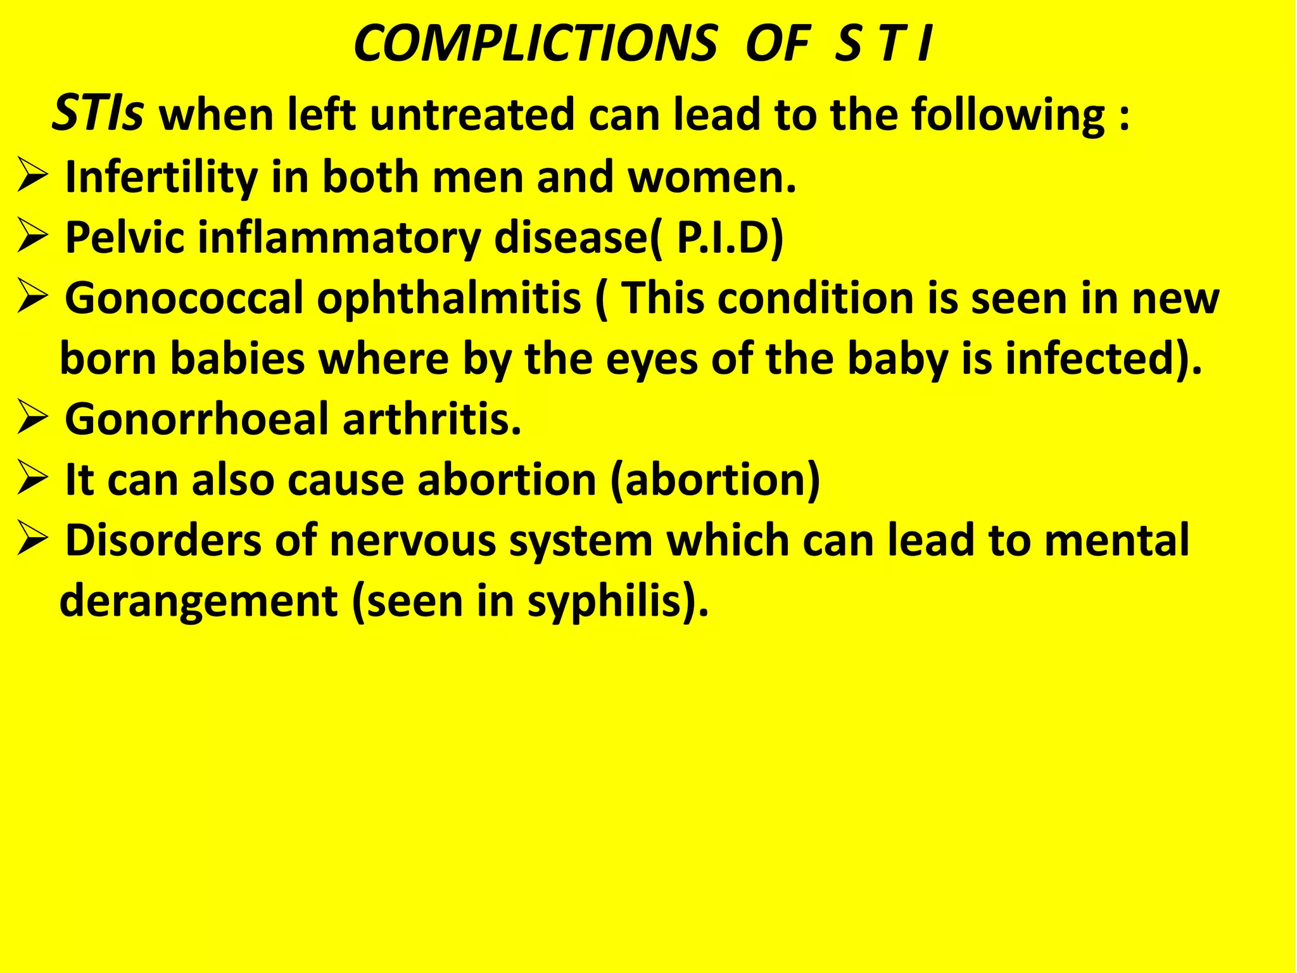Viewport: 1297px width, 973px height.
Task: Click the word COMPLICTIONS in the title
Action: click(535, 44)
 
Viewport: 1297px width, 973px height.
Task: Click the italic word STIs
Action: click(98, 114)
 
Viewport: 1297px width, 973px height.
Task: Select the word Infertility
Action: click(161, 177)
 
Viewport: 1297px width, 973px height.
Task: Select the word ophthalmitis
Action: click(448, 298)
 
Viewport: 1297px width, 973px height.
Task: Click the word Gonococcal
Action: click(184, 298)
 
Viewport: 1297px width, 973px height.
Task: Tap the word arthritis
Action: click(432, 419)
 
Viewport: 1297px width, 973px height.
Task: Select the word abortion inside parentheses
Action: click(715, 480)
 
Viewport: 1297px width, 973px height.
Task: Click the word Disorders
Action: click(163, 541)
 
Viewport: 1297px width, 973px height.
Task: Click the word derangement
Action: click(198, 602)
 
